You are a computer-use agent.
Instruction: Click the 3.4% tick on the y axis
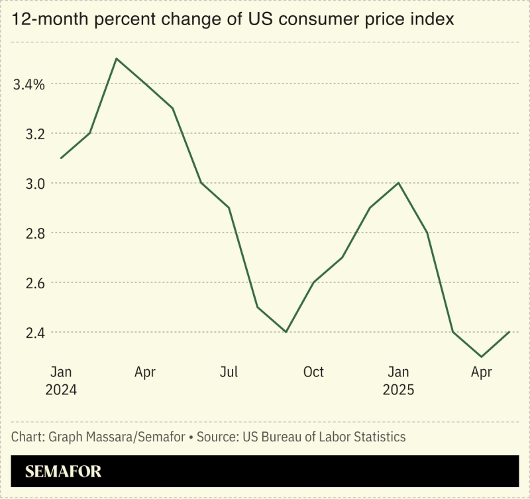pyautogui.click(x=27, y=84)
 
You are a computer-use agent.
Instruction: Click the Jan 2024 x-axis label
pyautogui.click(x=61, y=380)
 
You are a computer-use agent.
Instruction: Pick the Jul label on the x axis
pyautogui.click(x=229, y=372)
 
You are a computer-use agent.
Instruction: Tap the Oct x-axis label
pyautogui.click(x=313, y=372)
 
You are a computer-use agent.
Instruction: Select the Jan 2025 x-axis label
pyautogui.click(x=398, y=380)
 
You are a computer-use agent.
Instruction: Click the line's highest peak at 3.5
pyautogui.click(x=117, y=58)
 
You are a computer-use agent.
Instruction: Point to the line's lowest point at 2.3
pyautogui.click(x=481, y=357)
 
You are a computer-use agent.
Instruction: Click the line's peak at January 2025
pyautogui.click(x=397, y=183)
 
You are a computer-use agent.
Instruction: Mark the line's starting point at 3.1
pyautogui.click(x=61, y=158)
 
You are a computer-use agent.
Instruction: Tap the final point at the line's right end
pyautogui.click(x=509, y=331)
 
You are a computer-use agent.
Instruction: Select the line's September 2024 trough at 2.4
pyautogui.click(x=286, y=331)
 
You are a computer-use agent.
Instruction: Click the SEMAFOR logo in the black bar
pyautogui.click(x=64, y=472)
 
